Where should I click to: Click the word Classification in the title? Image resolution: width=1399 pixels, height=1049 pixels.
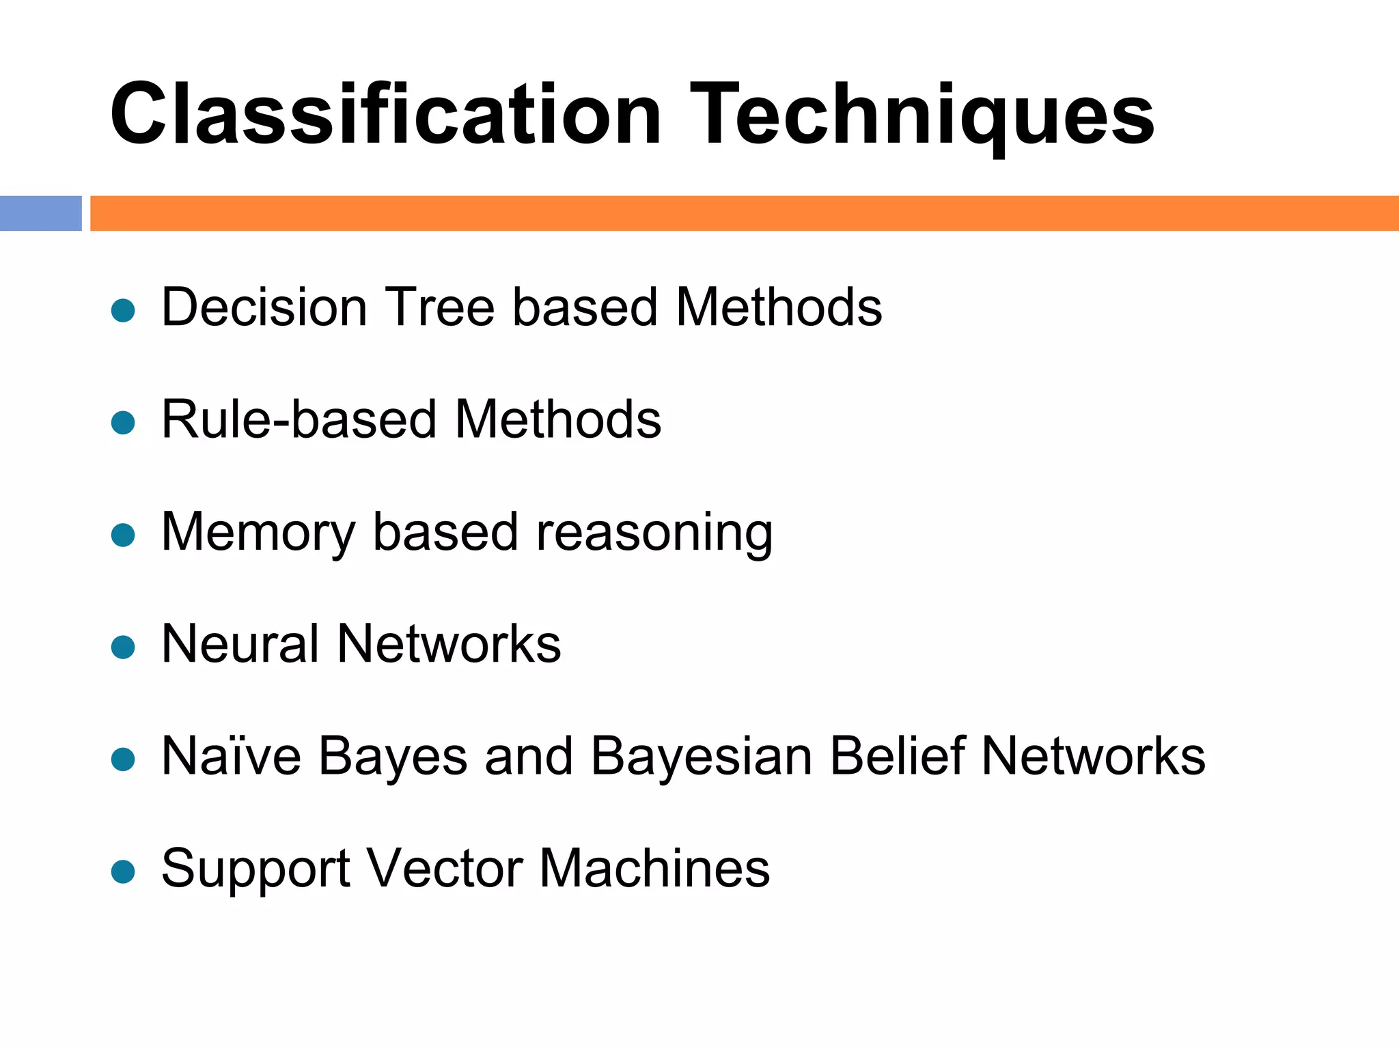pos(386,114)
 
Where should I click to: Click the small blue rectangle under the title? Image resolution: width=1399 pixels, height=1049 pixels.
pos(40,213)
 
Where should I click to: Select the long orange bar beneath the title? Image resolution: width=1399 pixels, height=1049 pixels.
pos(744,213)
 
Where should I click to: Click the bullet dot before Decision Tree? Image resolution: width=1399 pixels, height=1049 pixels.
pos(123,311)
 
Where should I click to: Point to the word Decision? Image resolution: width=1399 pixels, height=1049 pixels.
pos(265,307)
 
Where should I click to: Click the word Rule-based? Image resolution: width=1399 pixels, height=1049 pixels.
pos(299,419)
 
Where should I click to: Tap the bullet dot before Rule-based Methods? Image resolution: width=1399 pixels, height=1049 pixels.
pos(123,423)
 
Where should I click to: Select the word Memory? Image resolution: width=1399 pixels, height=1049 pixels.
pos(258,533)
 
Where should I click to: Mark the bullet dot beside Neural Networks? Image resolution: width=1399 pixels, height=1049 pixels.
pos(123,647)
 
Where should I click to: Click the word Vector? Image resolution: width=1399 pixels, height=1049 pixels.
pos(445,868)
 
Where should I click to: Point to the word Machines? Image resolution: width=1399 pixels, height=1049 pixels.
pos(654,868)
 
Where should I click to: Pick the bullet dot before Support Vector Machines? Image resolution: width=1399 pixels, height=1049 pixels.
pos(123,871)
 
